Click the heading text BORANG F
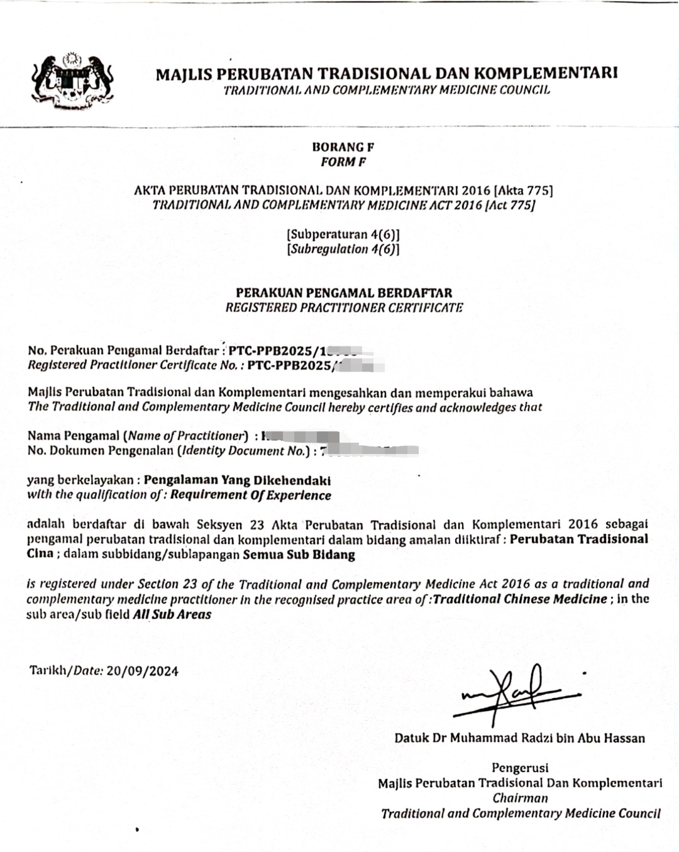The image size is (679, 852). [343, 147]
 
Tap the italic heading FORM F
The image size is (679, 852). [343, 162]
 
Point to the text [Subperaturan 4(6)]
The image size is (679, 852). [343, 235]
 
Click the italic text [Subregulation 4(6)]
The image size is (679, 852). [343, 249]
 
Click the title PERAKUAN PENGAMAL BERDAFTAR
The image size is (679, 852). [344, 292]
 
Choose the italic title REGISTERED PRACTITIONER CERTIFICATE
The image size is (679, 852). [344, 307]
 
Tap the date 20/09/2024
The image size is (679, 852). [142, 671]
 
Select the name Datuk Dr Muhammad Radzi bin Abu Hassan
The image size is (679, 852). [519, 738]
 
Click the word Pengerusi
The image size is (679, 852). [520, 768]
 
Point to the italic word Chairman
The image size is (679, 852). [520, 799]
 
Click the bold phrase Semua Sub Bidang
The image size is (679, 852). [299, 555]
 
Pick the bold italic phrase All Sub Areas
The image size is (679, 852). [172, 614]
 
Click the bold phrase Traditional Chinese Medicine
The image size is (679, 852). [520, 599]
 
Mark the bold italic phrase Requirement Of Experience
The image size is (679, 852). [250, 495]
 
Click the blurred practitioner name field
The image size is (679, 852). [302, 436]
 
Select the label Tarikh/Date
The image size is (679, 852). [66, 670]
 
